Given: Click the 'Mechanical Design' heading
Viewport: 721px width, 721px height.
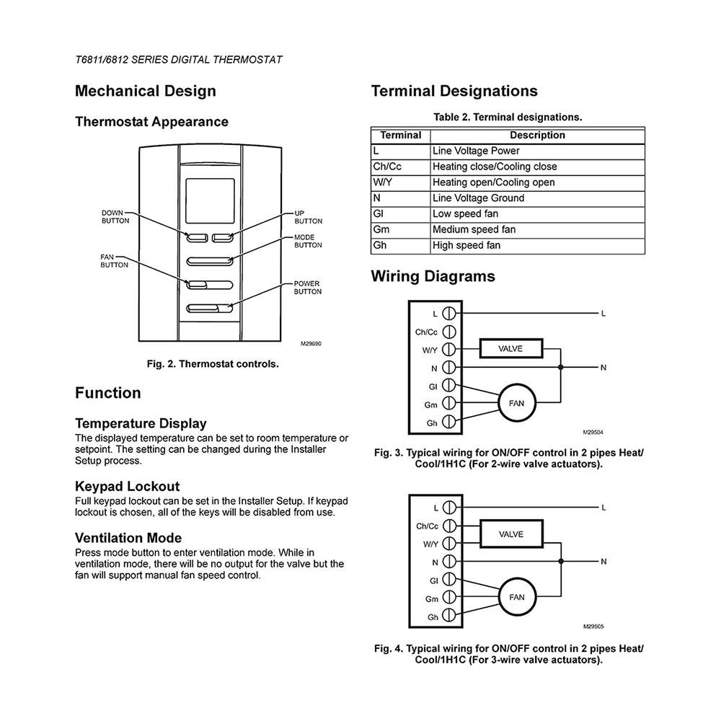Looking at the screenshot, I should (x=146, y=92).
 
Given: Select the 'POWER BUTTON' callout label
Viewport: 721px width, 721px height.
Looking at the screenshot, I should (x=308, y=288).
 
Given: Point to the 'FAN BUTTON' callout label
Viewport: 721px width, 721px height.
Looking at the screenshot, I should (x=114, y=261).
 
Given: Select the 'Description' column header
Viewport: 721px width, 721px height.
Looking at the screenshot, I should (x=537, y=135).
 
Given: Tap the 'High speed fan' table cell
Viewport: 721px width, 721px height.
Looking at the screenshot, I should (x=466, y=246).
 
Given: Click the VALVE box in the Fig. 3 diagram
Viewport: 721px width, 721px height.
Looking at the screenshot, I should (x=510, y=349).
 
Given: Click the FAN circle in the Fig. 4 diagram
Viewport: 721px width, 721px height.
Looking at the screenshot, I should (x=517, y=597).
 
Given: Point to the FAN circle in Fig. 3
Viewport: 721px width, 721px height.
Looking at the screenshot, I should (x=517, y=403).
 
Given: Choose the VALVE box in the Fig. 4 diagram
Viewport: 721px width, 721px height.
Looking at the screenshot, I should (x=511, y=534).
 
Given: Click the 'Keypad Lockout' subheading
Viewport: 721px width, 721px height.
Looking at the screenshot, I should (x=128, y=486).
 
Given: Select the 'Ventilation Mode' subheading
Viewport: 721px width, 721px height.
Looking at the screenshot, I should (x=128, y=538).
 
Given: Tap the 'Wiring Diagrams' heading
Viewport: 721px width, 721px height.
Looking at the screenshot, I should (x=433, y=276).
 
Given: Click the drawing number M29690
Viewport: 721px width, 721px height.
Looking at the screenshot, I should (x=311, y=344).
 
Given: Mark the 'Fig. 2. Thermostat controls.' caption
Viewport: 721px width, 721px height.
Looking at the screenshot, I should (x=213, y=364).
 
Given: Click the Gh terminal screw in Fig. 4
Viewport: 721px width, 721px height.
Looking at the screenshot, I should (x=449, y=616).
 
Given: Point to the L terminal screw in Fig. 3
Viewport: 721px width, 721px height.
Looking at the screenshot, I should (x=449, y=314).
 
